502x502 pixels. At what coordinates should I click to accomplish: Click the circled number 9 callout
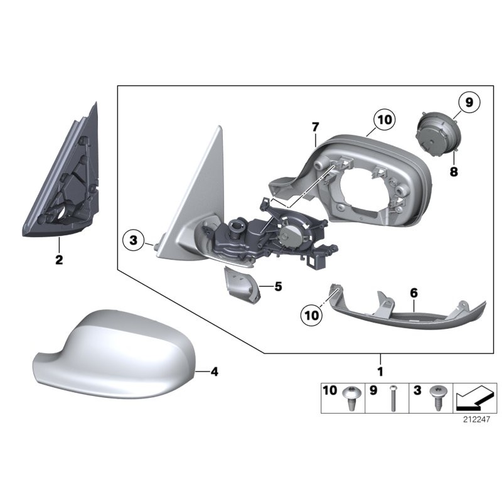pos(469,102)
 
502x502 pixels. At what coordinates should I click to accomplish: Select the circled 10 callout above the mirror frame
pos(385,120)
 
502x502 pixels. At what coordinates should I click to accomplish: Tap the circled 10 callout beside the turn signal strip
pos(311,316)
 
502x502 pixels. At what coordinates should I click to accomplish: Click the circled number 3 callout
pos(134,240)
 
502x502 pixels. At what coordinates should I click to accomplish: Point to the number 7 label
pos(316,127)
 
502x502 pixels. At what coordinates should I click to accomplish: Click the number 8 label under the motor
pos(454,172)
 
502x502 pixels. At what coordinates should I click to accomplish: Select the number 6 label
pos(414,292)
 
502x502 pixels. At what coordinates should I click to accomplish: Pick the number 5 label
pos(278,287)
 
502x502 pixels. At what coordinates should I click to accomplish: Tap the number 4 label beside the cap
pos(214,371)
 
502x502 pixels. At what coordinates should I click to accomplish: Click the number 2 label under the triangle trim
pos(59,260)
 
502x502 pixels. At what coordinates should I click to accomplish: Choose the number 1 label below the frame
pos(380,371)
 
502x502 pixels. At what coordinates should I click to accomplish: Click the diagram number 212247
pos(476,419)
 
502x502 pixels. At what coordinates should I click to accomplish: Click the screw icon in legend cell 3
pos(437,398)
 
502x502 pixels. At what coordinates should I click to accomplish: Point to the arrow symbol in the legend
pos(474,398)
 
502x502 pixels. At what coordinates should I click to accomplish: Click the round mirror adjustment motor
pos(437,134)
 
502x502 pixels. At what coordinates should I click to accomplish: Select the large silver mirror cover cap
pos(114,355)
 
